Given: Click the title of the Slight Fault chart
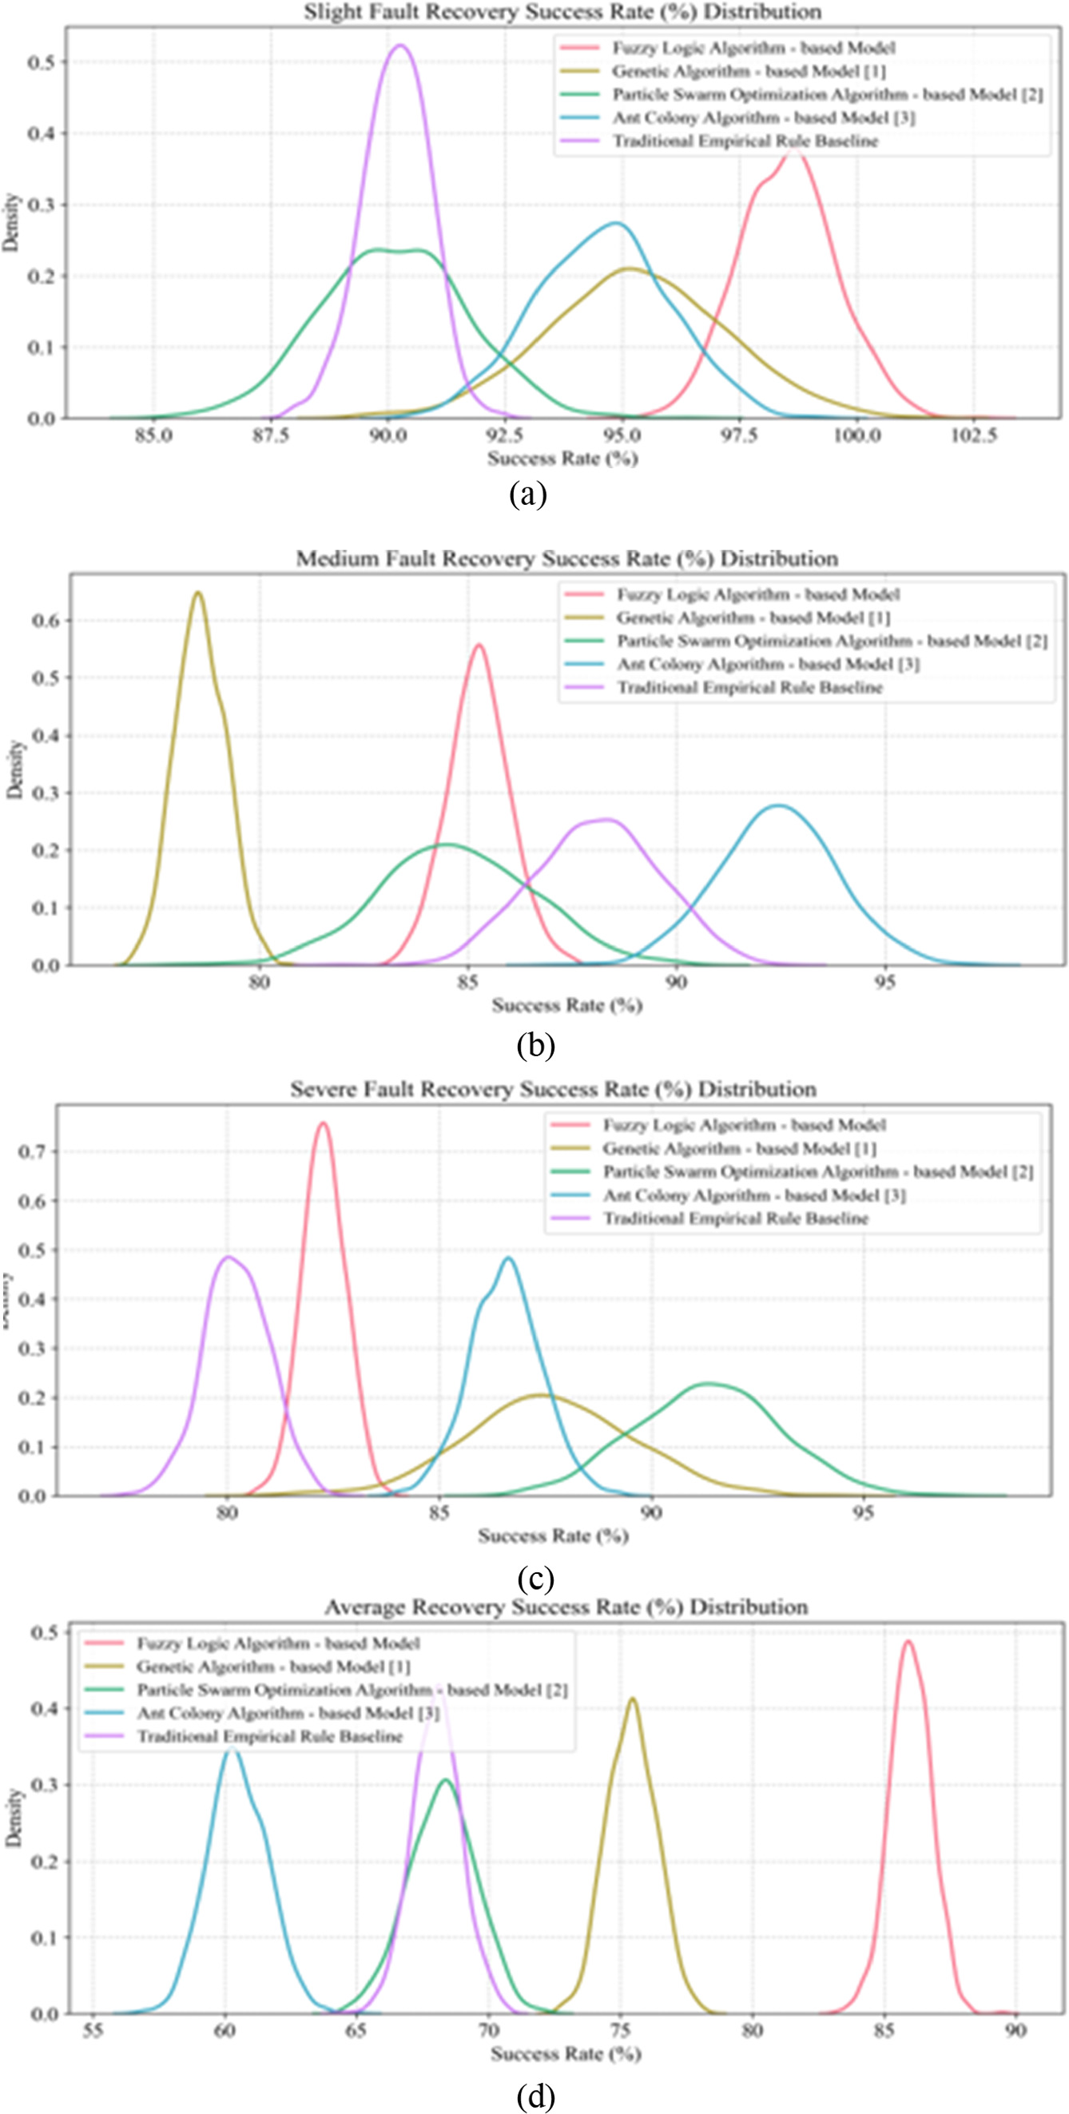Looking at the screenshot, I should pyautogui.click(x=562, y=11).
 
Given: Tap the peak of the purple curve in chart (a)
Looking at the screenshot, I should pyautogui.click(x=400, y=46).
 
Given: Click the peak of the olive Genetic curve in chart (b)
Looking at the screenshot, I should pyautogui.click(x=197, y=593).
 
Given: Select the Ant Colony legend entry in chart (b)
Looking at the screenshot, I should pyautogui.click(x=768, y=664).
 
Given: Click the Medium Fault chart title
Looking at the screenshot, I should pyautogui.click(x=567, y=559).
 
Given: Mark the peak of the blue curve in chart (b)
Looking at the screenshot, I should pyautogui.click(x=777, y=806).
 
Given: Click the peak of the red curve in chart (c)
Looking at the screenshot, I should pyautogui.click(x=324, y=1123).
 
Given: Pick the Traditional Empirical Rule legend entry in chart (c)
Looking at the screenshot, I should pyautogui.click(x=736, y=1218).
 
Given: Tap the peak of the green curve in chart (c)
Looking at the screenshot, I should pyautogui.click(x=709, y=1384).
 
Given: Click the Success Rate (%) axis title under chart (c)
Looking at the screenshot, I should pyautogui.click(x=553, y=1536).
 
